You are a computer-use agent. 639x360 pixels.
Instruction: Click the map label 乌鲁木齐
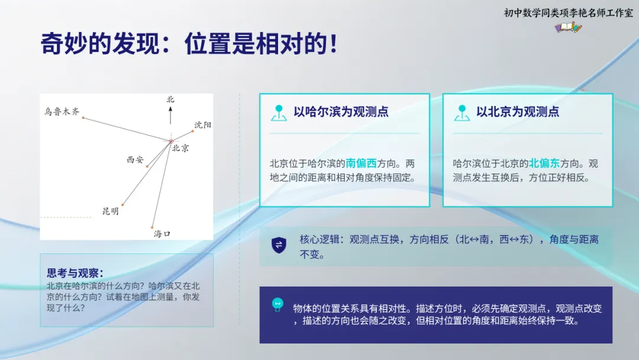pyautogui.click(x=62, y=111)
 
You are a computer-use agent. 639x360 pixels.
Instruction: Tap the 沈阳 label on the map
pyautogui.click(x=203, y=125)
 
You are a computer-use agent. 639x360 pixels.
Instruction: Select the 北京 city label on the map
pyautogui.click(x=180, y=149)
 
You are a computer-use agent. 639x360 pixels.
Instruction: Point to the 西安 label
pyautogui.click(x=135, y=160)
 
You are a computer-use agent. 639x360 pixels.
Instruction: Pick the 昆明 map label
pyautogui.click(x=111, y=211)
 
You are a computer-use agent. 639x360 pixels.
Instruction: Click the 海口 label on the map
pyautogui.click(x=162, y=234)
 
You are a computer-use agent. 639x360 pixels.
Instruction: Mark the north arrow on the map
pyautogui.click(x=170, y=115)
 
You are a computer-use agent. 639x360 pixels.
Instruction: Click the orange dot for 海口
pyautogui.click(x=153, y=227)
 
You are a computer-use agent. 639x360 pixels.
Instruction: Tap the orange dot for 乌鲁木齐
pyautogui.click(x=83, y=118)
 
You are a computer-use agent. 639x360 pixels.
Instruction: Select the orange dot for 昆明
pyautogui.click(x=122, y=205)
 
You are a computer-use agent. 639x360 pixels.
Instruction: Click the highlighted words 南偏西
pyautogui.click(x=361, y=163)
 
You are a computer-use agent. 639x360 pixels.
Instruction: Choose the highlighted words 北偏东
pyautogui.click(x=544, y=163)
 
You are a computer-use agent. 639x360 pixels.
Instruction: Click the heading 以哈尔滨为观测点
pyautogui.click(x=341, y=112)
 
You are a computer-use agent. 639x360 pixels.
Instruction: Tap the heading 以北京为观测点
pyautogui.click(x=518, y=112)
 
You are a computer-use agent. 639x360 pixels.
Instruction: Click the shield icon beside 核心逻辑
pyautogui.click(x=279, y=245)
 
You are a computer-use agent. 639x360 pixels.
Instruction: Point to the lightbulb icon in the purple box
pyautogui.click(x=277, y=304)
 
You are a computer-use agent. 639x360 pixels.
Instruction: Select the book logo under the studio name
pyautogui.click(x=569, y=28)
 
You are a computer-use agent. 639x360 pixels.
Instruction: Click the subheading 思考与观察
pyautogui.click(x=75, y=273)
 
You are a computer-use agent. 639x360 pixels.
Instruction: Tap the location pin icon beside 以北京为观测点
pyautogui.click(x=461, y=113)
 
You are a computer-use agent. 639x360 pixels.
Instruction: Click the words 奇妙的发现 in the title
pyautogui.click(x=100, y=44)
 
